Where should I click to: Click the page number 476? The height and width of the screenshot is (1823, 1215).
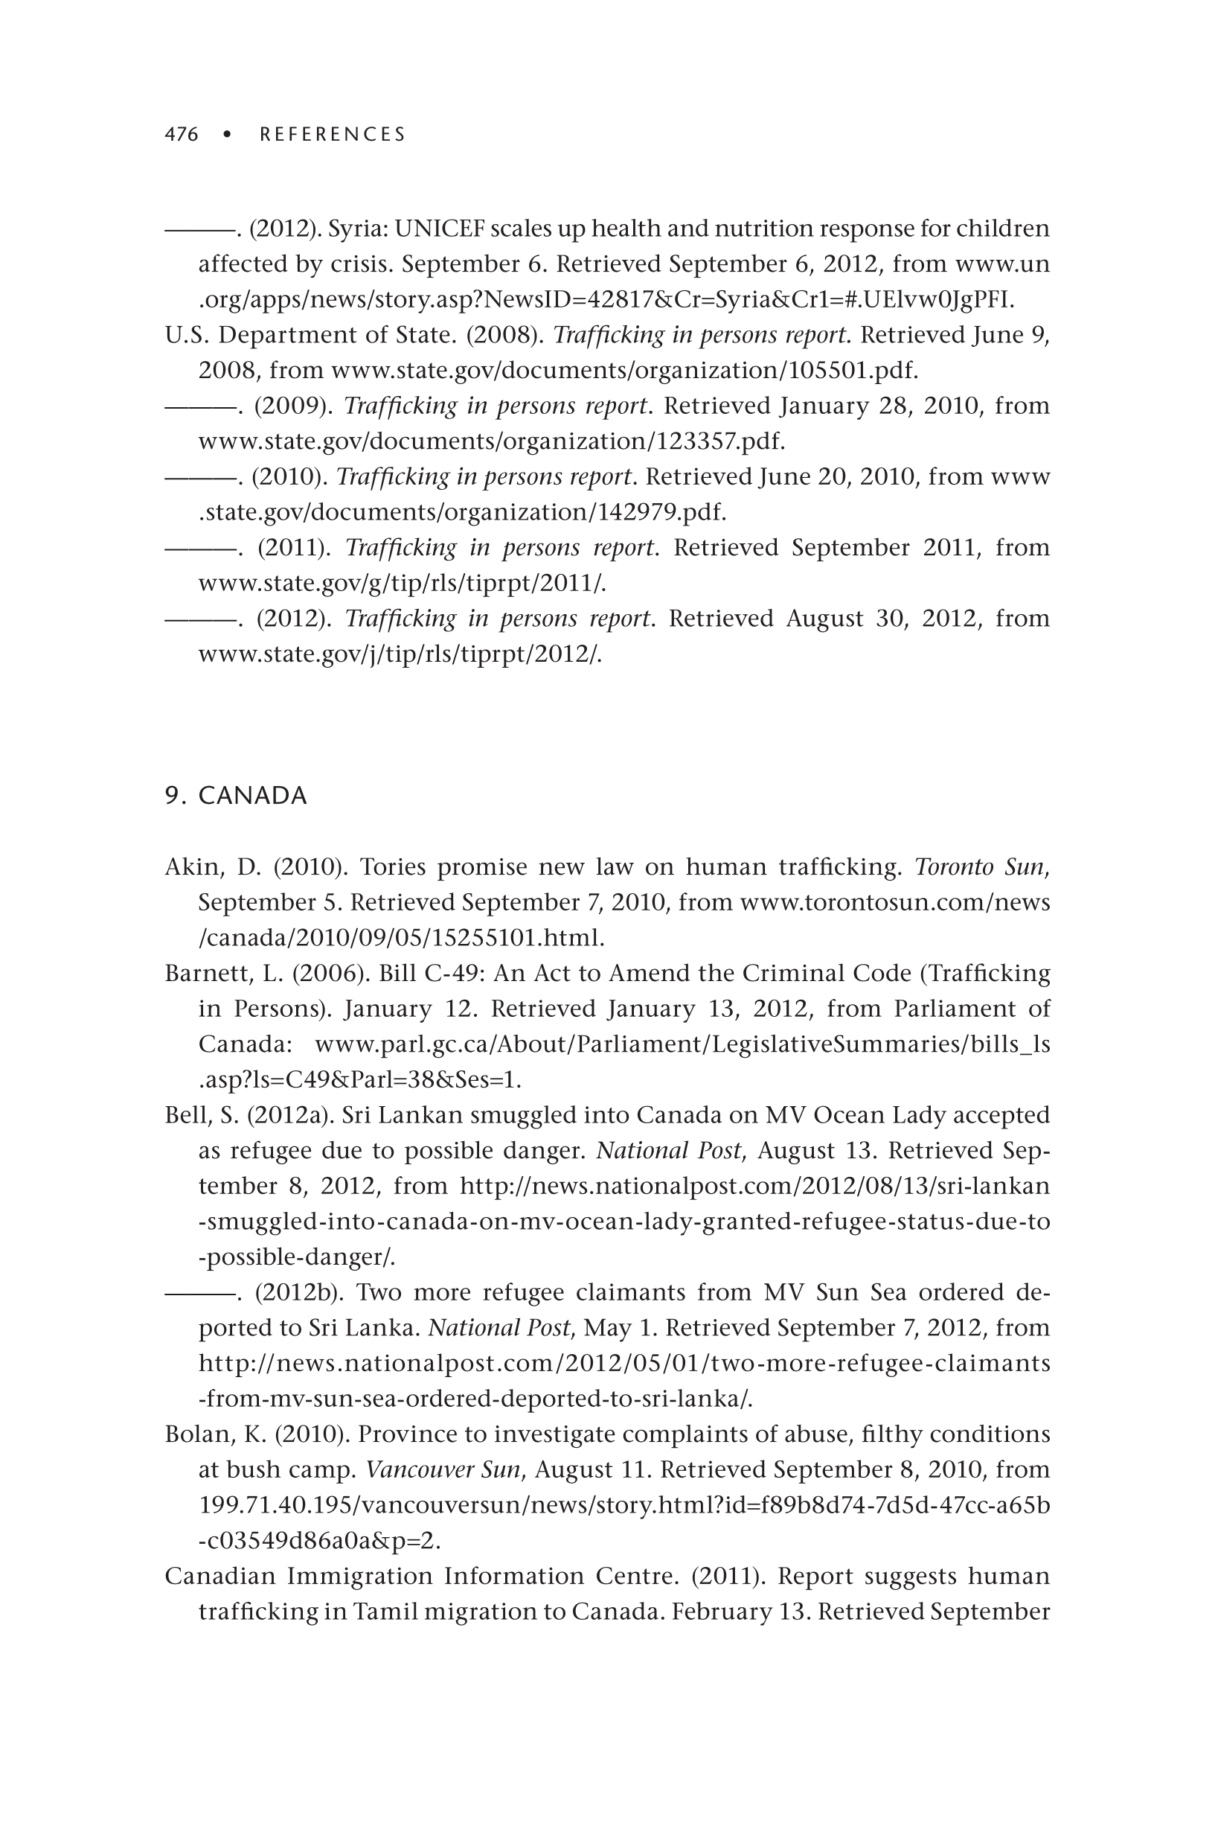(x=182, y=135)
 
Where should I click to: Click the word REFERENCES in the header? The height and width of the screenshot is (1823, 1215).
(x=333, y=135)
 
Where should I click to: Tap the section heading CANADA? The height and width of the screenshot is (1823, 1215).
(x=253, y=796)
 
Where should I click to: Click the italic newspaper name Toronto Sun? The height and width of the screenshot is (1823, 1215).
(x=980, y=866)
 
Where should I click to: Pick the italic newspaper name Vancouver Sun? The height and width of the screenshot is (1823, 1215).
(x=443, y=1469)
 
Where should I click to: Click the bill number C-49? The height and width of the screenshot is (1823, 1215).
(x=451, y=973)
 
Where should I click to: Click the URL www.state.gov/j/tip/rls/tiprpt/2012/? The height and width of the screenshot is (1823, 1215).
(x=400, y=654)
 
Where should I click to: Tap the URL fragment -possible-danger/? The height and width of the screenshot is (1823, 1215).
(x=297, y=1257)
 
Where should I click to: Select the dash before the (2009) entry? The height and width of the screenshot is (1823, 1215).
(x=201, y=407)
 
